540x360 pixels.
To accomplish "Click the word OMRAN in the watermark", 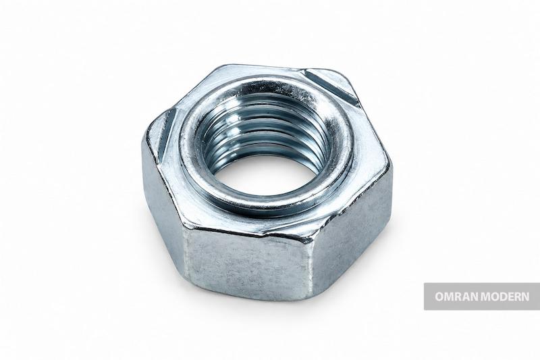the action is [x=456, y=297].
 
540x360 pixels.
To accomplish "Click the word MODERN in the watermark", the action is [x=505, y=297].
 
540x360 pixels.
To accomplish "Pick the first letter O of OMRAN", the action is [x=439, y=297].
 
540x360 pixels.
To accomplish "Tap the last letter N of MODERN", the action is [x=526, y=297].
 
